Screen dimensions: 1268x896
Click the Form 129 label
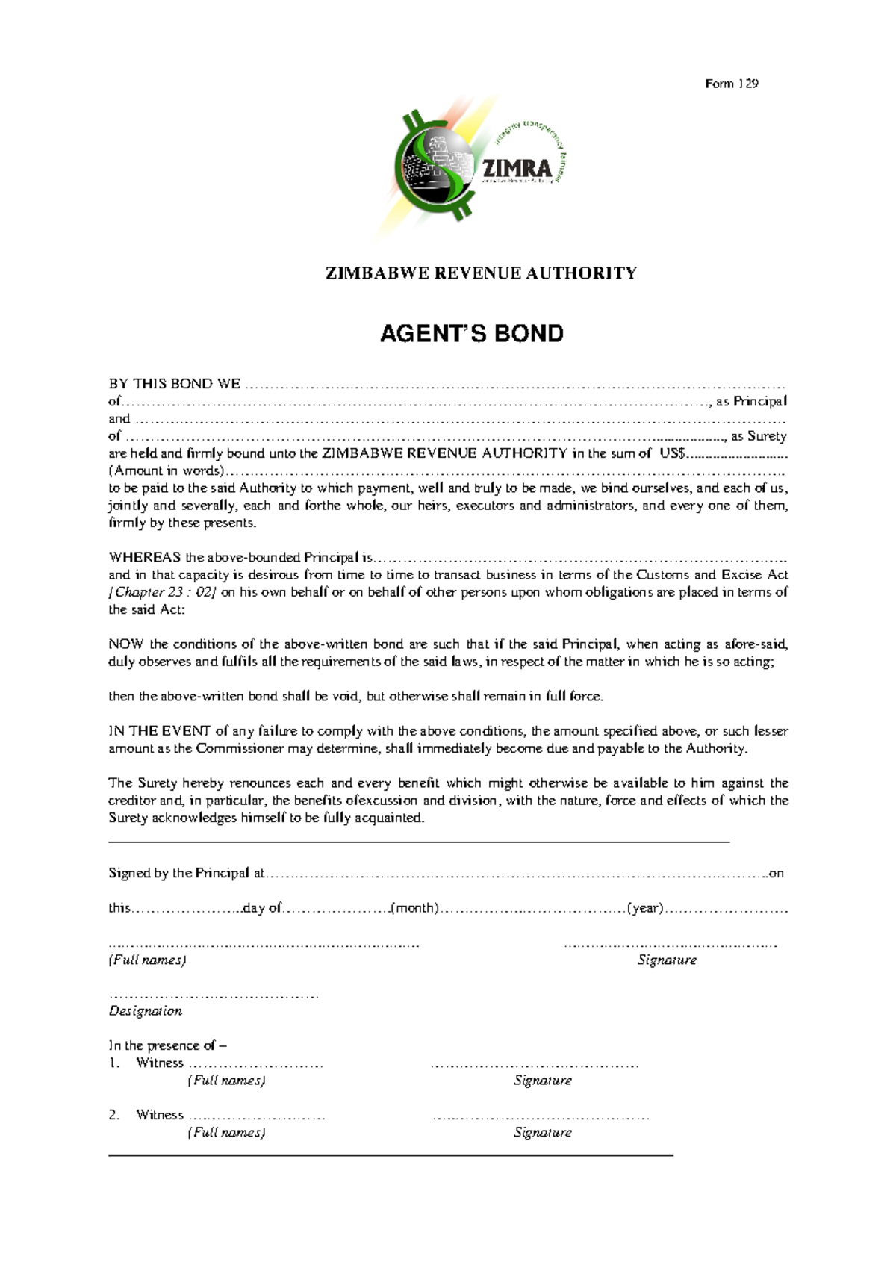[731, 84]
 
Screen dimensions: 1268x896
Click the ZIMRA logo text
[517, 167]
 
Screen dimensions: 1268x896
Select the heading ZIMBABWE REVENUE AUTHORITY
[481, 273]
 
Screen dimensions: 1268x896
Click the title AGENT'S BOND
[471, 333]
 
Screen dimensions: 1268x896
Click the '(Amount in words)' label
[166, 471]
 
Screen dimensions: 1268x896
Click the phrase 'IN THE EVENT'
[159, 731]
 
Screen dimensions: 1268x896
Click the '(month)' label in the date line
[415, 908]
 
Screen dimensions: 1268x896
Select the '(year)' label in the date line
[645, 908]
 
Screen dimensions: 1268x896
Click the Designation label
[146, 1011]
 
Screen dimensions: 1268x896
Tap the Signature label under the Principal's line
[666, 960]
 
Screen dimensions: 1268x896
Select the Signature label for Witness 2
[542, 1133]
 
